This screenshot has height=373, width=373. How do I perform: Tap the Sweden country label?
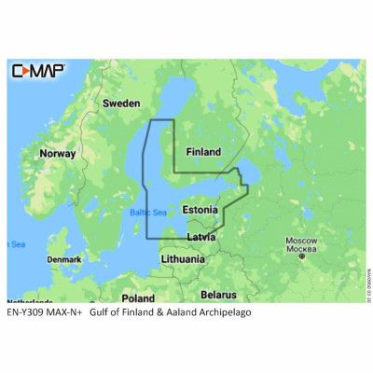[119, 103]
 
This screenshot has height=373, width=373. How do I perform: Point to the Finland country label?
[203, 151]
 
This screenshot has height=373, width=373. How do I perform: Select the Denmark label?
[64, 258]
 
